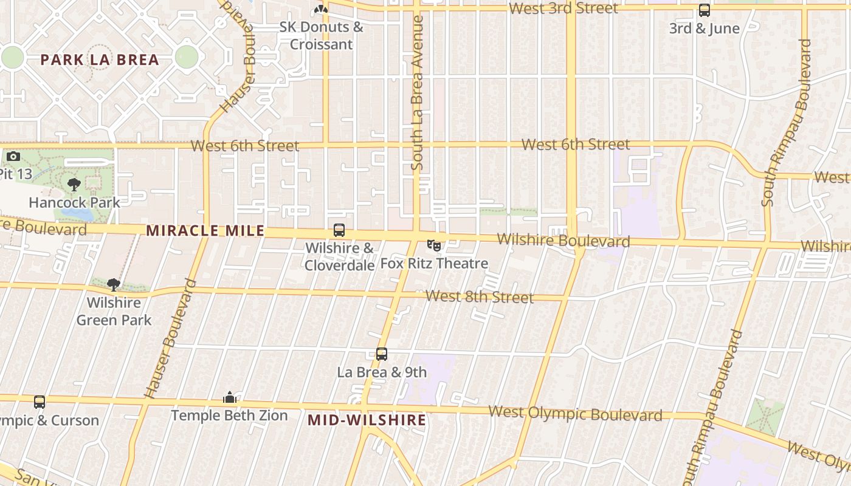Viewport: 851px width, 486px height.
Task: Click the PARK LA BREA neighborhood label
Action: coord(100,60)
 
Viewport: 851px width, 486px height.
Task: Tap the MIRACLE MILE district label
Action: coord(205,231)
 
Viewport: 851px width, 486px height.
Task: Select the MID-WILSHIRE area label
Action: coord(367,420)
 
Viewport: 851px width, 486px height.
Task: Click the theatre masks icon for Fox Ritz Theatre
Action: coord(434,245)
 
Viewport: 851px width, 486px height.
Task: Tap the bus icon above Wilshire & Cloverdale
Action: coord(339,230)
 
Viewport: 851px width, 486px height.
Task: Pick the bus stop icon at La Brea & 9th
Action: coord(382,354)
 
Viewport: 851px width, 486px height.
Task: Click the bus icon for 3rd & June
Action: coord(705,10)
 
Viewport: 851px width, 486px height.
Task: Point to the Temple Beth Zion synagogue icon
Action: coord(230,397)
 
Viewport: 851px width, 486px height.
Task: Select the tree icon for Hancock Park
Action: coord(74,184)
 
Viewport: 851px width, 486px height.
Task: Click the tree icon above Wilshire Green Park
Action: coord(113,284)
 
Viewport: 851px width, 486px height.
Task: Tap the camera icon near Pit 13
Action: coord(13,157)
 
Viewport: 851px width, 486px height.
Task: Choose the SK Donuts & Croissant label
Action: coord(321,35)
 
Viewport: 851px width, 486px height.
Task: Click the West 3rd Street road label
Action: coord(563,9)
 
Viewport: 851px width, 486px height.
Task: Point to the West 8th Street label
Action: coord(480,297)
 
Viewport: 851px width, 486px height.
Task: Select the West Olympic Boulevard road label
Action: coord(575,414)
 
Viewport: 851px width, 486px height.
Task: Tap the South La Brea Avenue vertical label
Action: coord(417,92)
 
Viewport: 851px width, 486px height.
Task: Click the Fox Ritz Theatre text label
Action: coord(434,264)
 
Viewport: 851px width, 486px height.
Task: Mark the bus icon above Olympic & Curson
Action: coord(40,402)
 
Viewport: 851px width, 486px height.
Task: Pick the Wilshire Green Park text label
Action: coord(114,311)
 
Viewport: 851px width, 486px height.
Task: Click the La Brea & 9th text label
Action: coord(382,372)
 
